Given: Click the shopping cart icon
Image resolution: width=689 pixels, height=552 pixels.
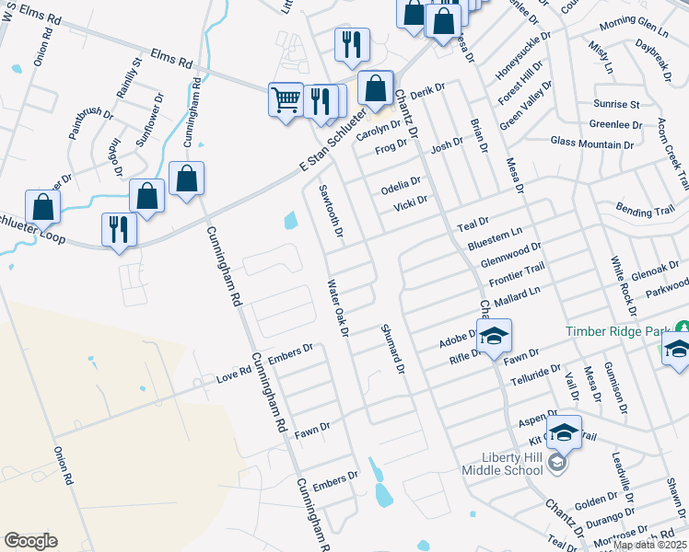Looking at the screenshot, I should click(286, 98).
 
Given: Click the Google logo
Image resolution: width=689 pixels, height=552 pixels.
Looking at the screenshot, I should click(30, 541).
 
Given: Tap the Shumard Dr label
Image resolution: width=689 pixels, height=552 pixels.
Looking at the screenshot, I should click(391, 348).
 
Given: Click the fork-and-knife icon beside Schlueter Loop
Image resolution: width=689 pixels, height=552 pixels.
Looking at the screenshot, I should click(119, 228).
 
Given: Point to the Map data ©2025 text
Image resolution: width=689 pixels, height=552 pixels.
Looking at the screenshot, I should click(650, 545).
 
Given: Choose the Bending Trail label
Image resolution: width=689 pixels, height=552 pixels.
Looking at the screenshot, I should click(646, 211).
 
